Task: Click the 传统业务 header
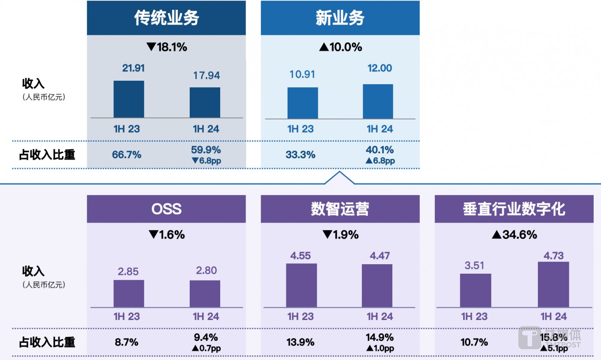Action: (x=166, y=18)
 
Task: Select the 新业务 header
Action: (x=340, y=18)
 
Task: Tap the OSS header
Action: (x=166, y=209)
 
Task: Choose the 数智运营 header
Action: (x=340, y=209)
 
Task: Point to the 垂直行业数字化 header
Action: (x=514, y=209)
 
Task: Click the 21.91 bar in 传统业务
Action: (x=129, y=99)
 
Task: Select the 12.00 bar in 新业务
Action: (x=378, y=101)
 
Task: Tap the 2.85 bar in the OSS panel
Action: (x=129, y=293)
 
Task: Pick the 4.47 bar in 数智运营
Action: (x=377, y=286)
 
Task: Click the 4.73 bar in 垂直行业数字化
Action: (x=553, y=284)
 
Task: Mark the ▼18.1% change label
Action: (x=167, y=47)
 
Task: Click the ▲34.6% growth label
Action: (x=514, y=235)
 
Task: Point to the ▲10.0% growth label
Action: (x=340, y=47)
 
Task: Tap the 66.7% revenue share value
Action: (x=127, y=155)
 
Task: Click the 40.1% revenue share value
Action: (x=380, y=150)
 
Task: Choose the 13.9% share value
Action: (x=300, y=342)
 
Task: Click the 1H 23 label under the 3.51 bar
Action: (x=474, y=317)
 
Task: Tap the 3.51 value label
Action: (x=474, y=265)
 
